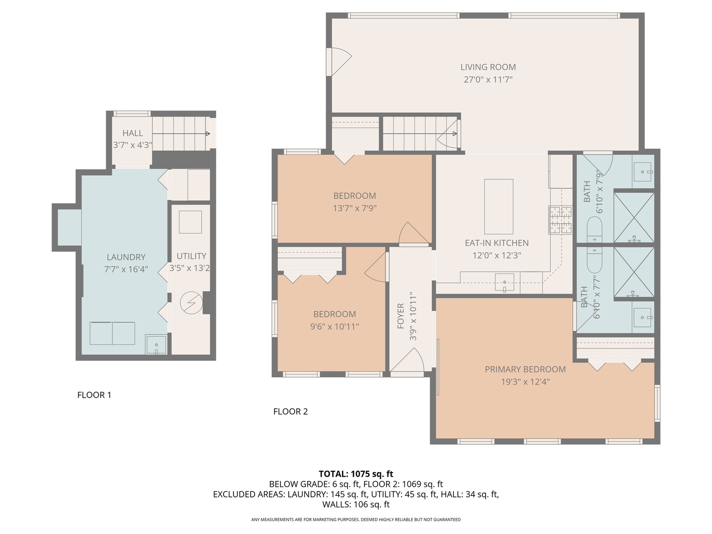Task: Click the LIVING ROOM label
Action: point(488,67)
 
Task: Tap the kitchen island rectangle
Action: point(498,207)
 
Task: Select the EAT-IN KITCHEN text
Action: point(496,243)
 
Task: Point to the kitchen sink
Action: point(504,282)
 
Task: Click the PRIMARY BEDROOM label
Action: point(525,369)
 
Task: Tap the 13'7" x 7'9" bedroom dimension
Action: point(355,208)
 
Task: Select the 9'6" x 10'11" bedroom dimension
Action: point(334,326)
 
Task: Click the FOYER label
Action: point(400,316)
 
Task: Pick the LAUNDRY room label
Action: point(126,257)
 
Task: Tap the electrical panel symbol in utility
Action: point(191,303)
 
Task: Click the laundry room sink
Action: point(156,344)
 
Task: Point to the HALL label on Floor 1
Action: point(133,133)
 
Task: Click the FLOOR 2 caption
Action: point(290,411)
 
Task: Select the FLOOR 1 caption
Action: point(94,395)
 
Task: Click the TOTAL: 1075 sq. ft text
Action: point(356,474)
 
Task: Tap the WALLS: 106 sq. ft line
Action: point(356,504)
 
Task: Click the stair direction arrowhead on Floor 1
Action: point(208,133)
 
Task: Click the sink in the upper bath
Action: point(643,172)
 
